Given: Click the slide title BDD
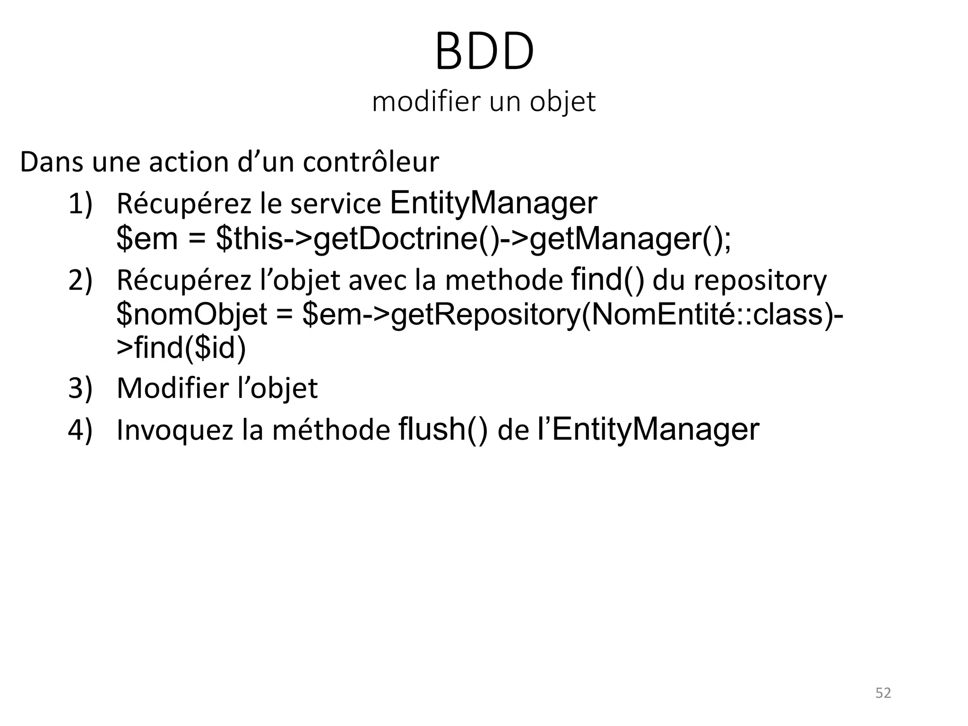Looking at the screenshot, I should coord(484,52).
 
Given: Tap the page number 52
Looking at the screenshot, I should coord(883,692).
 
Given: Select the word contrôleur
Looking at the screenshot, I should coord(371,162).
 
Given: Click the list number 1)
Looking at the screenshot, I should coord(80,204).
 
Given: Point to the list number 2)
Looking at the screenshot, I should coord(80,280).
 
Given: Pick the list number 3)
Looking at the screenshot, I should coord(80,388).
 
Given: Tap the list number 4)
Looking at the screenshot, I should coord(80,430).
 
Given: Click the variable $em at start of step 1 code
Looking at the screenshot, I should coord(147,238).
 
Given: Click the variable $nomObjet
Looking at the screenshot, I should coord(192,315).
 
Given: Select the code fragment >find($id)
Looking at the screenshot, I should coord(181,348).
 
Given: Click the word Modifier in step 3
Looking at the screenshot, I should coord(172,388).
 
